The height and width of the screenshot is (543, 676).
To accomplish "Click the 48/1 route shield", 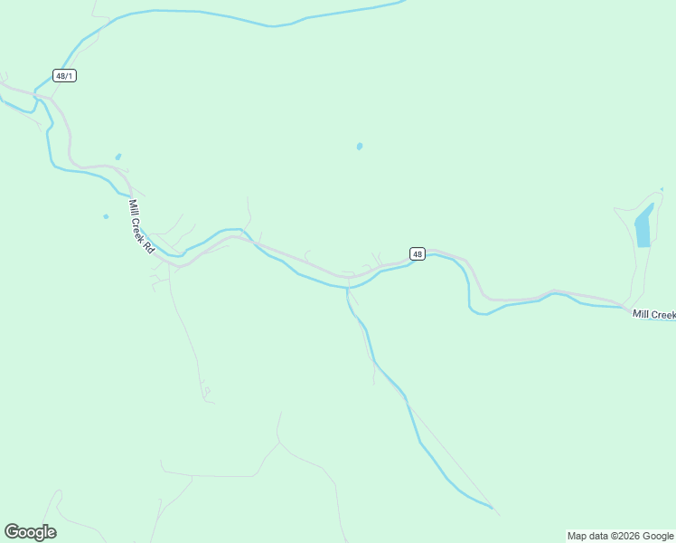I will pyautogui.click(x=64, y=76).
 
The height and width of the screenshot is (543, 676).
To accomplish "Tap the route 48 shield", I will pyautogui.click(x=417, y=254).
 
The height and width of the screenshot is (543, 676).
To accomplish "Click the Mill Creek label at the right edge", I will pyautogui.click(x=653, y=314).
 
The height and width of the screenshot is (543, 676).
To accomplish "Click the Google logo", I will pyautogui.click(x=30, y=532).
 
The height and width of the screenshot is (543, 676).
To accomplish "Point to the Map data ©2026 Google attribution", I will pyautogui.click(x=620, y=536).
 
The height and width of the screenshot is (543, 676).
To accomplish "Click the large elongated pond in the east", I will pyautogui.click(x=643, y=227).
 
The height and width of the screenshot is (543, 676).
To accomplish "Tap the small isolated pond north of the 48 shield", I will pyautogui.click(x=360, y=146).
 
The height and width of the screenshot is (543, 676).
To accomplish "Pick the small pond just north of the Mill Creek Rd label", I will pyautogui.click(x=117, y=156).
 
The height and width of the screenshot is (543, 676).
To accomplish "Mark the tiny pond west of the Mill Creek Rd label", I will pyautogui.click(x=106, y=216).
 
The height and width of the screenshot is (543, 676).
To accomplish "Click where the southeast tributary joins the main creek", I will pyautogui.click(x=347, y=288).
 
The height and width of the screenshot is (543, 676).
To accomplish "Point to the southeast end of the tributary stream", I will pyautogui.click(x=493, y=509).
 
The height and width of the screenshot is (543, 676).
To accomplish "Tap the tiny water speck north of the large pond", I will pyautogui.click(x=662, y=188).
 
